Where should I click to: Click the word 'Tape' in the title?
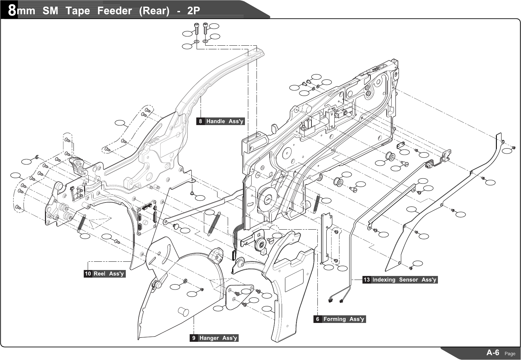click(77, 11)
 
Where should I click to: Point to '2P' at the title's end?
click(193, 11)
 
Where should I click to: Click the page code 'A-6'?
click(493, 352)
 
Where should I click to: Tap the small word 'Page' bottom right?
click(510, 354)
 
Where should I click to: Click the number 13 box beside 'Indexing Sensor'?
click(367, 280)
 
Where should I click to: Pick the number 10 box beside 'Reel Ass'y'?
click(88, 274)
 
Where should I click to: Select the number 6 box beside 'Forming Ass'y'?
click(317, 319)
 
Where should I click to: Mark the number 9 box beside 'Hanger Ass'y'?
click(194, 338)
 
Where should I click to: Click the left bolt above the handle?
click(196, 29)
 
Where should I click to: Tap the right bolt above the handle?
click(205, 29)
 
